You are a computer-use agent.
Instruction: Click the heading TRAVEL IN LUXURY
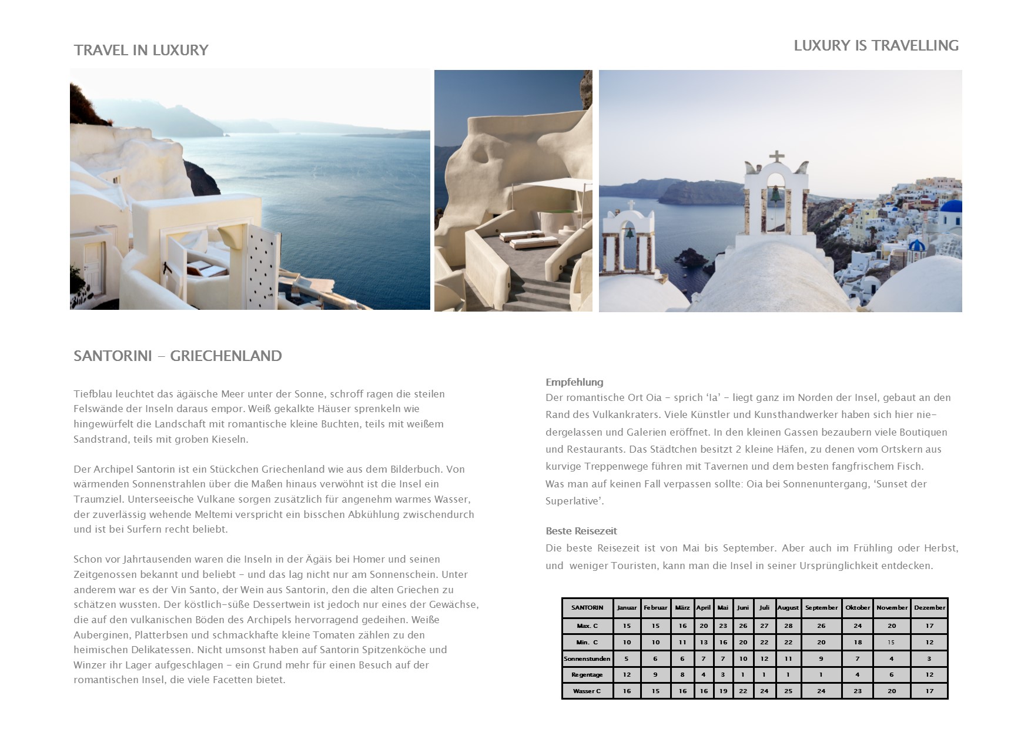coord(141,51)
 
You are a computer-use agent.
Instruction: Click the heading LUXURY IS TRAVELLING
coord(876,46)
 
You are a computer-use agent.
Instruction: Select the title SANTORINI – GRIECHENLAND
coord(178,356)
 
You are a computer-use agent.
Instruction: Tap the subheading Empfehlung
coord(574,382)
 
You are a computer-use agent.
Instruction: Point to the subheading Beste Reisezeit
coord(581,531)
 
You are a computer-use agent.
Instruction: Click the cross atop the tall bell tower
coord(777,157)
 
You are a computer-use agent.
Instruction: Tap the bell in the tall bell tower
coord(776,194)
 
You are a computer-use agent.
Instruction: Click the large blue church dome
coord(950,206)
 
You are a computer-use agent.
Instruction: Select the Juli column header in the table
coord(764,608)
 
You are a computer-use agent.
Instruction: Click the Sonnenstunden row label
coord(587,659)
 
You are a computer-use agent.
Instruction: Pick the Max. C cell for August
coord(788,626)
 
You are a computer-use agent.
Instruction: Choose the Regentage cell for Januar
coord(627,675)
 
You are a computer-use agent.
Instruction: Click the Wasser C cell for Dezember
coord(929,691)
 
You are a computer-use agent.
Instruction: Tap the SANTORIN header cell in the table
coord(587,608)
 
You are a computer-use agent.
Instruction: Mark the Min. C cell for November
coord(891,643)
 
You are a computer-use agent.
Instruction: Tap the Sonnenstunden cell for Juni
coord(743,659)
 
